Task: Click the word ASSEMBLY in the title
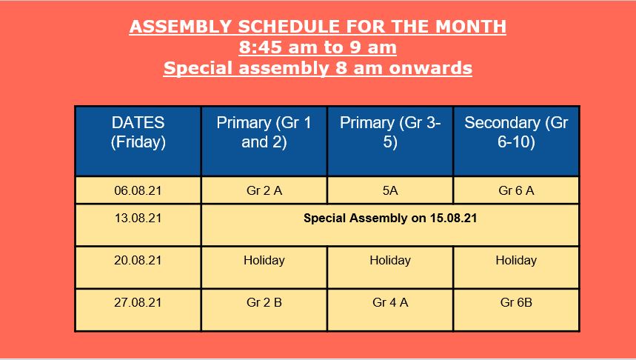click(181, 27)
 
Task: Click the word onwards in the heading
click(430, 68)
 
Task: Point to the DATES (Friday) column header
click(138, 133)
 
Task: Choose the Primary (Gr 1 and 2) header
click(264, 133)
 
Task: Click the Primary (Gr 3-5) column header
click(390, 133)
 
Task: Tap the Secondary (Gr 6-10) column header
click(516, 133)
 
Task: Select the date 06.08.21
click(138, 190)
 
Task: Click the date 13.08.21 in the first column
click(138, 218)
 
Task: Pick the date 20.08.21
click(138, 260)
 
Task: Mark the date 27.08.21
click(138, 302)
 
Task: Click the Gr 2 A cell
click(264, 190)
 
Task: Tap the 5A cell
click(390, 190)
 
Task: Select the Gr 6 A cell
click(516, 190)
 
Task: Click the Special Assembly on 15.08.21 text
click(390, 218)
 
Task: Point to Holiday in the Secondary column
click(516, 260)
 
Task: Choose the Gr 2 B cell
click(264, 302)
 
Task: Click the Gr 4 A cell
click(390, 302)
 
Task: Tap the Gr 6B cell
click(516, 302)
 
